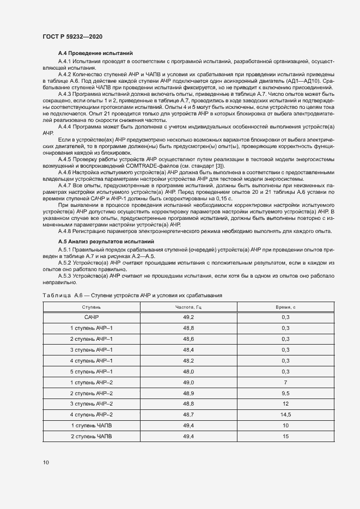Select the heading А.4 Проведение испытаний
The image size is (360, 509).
[x=95, y=53]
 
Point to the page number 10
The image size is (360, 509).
[x=46, y=463]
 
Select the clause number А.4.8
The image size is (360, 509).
[x=66, y=231]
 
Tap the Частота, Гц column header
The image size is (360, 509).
[x=188, y=308]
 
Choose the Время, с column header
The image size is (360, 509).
[x=285, y=308]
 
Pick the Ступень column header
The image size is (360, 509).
[x=91, y=308]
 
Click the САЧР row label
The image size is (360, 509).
[x=91, y=317]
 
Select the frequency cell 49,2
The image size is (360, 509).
[x=188, y=317]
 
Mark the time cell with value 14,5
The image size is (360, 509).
[x=285, y=415]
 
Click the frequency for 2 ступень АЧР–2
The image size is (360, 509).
[x=188, y=393]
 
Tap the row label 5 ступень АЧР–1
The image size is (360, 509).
[x=91, y=371]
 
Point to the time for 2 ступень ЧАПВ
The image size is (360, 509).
[x=285, y=437]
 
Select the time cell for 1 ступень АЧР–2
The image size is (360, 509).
[x=285, y=382]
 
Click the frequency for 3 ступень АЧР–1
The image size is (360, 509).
[x=188, y=349]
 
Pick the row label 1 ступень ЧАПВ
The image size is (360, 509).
[x=91, y=426]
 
